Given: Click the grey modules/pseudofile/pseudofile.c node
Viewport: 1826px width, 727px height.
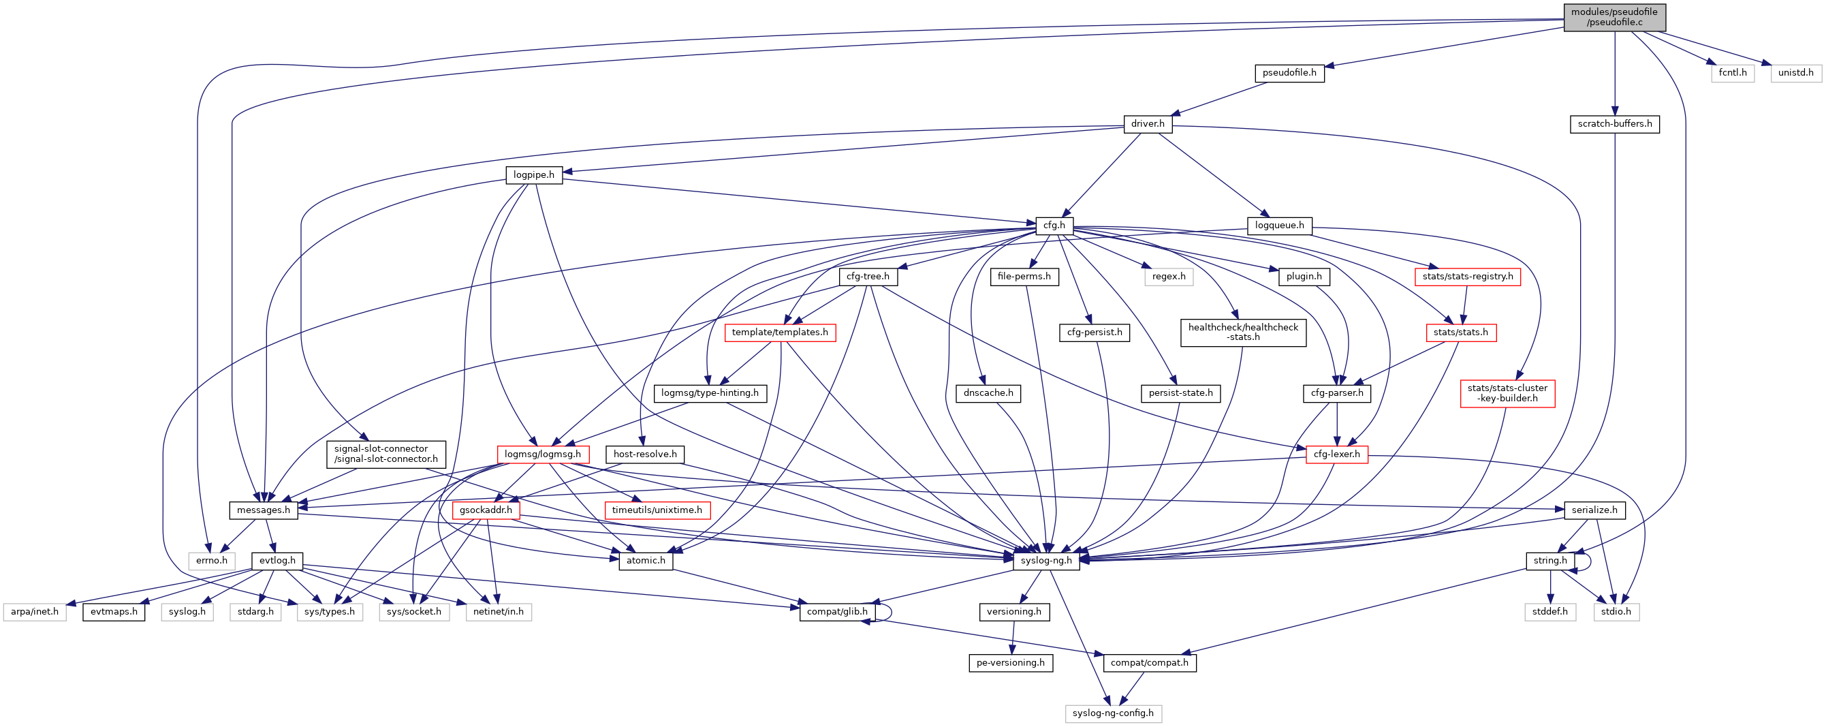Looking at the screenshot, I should [x=1614, y=17].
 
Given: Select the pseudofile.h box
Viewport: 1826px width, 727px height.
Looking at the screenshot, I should [x=1289, y=73].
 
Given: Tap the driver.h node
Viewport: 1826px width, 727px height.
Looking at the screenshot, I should [x=1148, y=124].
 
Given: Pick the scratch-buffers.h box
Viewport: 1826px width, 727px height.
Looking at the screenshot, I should [x=1614, y=124].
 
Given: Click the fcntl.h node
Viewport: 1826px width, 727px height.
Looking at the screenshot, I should [x=1733, y=73].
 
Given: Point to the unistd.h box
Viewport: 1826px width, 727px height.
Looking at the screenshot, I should [x=1795, y=73].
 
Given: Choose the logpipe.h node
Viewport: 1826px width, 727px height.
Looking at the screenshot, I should [x=534, y=175].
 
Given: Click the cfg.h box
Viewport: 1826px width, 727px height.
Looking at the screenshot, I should [x=1054, y=226].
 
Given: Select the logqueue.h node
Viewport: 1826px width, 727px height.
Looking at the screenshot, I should [x=1280, y=226].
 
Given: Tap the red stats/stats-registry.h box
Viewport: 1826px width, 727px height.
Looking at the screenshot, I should [x=1467, y=277].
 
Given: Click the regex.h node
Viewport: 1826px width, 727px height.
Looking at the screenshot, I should [x=1168, y=277].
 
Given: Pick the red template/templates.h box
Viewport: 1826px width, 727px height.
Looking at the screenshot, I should [x=780, y=332].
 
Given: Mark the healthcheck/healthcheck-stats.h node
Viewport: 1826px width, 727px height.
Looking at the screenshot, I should [x=1243, y=332].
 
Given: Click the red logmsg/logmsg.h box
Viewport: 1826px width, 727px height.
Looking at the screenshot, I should [x=542, y=454].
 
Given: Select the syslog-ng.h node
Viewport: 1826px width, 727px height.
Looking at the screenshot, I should [x=1046, y=561].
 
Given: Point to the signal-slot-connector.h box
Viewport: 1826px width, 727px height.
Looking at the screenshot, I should [x=385, y=454].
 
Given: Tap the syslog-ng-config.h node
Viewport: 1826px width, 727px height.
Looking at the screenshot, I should [x=1113, y=713].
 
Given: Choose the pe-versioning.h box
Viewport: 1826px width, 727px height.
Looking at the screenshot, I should [x=1010, y=663].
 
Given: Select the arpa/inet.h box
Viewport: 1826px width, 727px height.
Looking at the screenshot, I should [x=35, y=612].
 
